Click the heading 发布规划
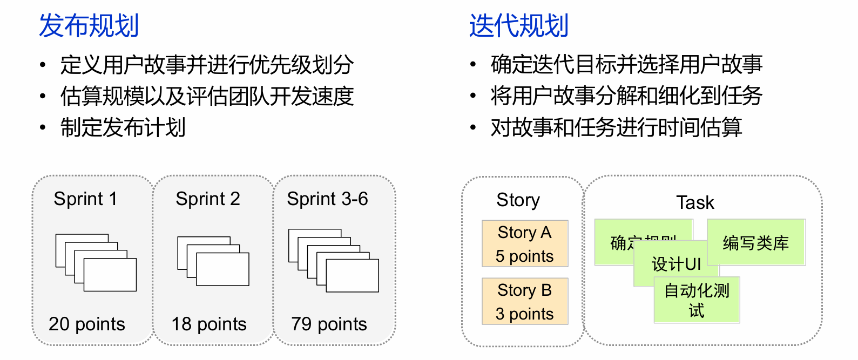(89, 25)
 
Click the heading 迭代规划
(519, 25)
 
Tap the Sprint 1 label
(85, 199)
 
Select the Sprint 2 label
(208, 199)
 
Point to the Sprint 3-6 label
(327, 199)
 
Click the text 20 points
(87, 324)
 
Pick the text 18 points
(209, 324)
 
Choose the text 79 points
(329, 324)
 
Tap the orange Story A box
(525, 243)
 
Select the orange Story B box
(525, 301)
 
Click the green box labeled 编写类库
(756, 242)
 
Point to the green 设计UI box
(676, 264)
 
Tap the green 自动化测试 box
(697, 300)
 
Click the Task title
(695, 203)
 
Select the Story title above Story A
(518, 200)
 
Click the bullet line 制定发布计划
(123, 128)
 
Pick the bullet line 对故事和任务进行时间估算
(616, 128)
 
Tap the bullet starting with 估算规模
(207, 97)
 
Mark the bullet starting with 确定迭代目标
(626, 65)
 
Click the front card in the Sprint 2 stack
(222, 269)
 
